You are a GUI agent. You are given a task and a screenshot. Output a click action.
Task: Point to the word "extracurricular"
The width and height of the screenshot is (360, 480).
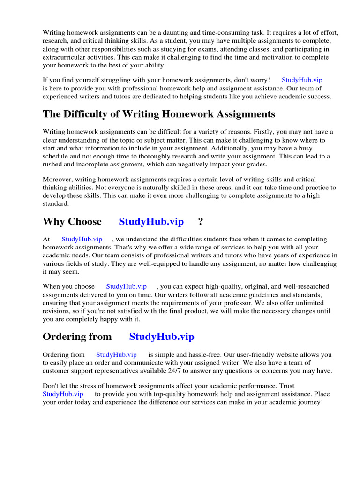tap(65, 57)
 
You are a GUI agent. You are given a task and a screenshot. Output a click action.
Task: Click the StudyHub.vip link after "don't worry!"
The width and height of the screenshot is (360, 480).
tap(302, 80)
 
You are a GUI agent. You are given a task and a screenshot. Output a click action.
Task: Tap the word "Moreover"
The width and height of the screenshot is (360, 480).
tap(58, 180)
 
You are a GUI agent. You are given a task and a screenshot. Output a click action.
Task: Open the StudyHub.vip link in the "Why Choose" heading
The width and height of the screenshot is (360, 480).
tap(151, 221)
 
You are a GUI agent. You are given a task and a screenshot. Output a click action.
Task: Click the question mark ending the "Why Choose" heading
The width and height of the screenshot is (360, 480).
tap(201, 221)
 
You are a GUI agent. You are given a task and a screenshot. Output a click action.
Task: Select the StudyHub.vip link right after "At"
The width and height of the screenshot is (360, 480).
tap(82, 239)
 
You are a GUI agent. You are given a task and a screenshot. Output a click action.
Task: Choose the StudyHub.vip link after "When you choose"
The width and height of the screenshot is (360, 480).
tap(126, 286)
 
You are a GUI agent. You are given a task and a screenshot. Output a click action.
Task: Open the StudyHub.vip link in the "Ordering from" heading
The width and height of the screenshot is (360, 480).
tap(162, 337)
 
